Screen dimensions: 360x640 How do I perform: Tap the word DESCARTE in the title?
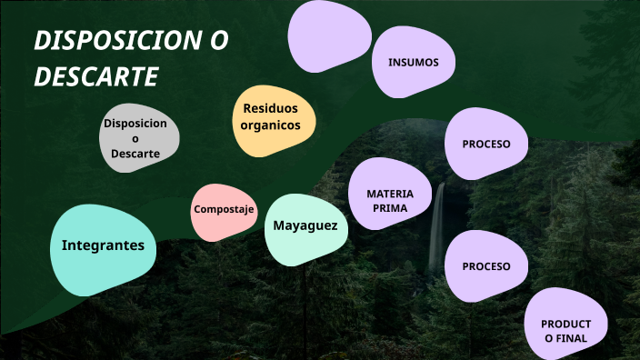point(96,77)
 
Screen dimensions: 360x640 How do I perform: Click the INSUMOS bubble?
point(413,63)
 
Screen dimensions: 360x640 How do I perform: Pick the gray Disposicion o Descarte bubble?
point(137,138)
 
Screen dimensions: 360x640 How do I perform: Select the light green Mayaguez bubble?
point(305,225)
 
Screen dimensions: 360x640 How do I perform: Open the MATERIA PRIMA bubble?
point(390,200)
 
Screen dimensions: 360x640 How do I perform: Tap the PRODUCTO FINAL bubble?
point(566,331)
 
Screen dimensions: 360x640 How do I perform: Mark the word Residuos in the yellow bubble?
point(270,109)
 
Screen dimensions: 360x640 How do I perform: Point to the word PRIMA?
point(389,208)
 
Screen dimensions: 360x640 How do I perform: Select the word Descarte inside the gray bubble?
point(135,154)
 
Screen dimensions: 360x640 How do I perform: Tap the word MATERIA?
point(390,194)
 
